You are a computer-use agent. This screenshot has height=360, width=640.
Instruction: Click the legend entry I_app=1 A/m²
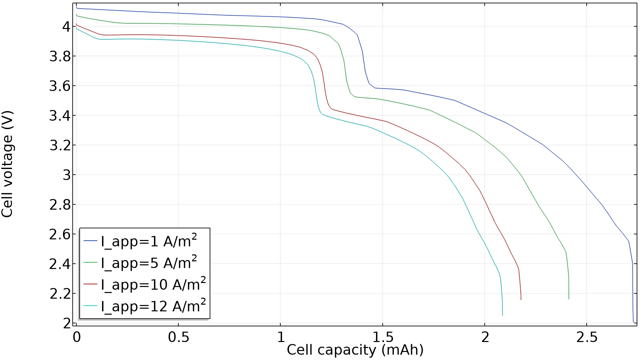[149, 241]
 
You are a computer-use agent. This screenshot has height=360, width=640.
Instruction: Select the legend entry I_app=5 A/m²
[149, 263]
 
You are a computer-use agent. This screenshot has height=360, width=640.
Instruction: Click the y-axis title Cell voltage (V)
[7, 164]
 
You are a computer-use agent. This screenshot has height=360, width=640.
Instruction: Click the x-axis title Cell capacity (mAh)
[355, 350]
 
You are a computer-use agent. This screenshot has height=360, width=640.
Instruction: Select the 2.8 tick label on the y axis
[60, 205]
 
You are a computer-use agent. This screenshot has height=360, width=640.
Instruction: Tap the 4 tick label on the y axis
[67, 27]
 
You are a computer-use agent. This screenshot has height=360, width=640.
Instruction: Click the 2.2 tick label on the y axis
[60, 294]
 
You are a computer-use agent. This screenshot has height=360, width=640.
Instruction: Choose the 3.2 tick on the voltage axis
[60, 145]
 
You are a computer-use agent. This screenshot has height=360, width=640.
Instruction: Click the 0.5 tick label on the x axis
[178, 337]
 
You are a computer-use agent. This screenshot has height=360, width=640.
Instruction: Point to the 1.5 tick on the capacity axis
[383, 337]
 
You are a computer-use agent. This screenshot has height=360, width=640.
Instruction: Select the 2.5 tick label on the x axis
[587, 337]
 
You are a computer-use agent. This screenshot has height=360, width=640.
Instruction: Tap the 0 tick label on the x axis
[77, 337]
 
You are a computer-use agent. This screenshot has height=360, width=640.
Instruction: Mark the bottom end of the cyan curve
[502, 315]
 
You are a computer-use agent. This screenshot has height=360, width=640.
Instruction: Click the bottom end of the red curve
[521, 299]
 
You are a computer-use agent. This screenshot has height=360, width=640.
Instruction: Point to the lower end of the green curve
[569, 299]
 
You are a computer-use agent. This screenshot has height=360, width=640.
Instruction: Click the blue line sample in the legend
[90, 241]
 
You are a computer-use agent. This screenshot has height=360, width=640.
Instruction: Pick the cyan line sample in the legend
[90, 306]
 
